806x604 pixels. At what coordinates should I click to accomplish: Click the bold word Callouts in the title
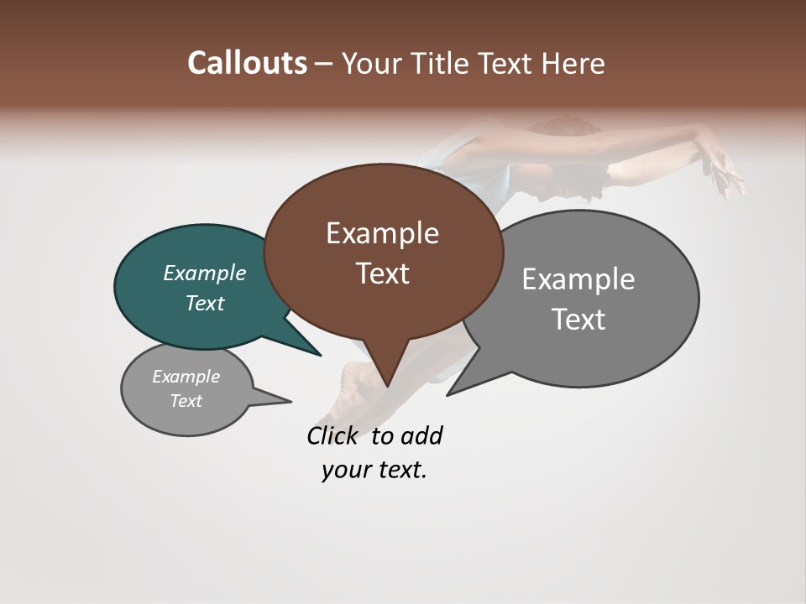click(x=247, y=63)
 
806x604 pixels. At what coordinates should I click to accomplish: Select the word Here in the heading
click(x=573, y=63)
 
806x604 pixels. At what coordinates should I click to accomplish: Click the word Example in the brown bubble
click(x=382, y=233)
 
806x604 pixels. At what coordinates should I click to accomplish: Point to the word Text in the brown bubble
click(x=382, y=273)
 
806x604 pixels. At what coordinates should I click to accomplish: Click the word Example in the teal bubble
click(x=204, y=273)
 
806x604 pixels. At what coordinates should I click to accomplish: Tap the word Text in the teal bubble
click(x=204, y=303)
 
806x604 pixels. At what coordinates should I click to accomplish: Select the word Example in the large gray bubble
click(x=578, y=279)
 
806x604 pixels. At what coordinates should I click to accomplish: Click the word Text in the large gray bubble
click(x=578, y=320)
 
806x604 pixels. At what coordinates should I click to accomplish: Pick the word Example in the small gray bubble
click(x=186, y=377)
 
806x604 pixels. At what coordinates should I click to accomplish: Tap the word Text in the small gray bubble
click(x=186, y=401)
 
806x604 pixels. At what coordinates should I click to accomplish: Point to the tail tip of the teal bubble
click(x=320, y=355)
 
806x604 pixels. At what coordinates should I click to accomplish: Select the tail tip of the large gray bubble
click(x=447, y=394)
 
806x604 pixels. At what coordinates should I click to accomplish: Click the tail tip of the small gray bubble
click(x=290, y=401)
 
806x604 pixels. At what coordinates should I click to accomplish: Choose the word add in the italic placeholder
click(x=421, y=436)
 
